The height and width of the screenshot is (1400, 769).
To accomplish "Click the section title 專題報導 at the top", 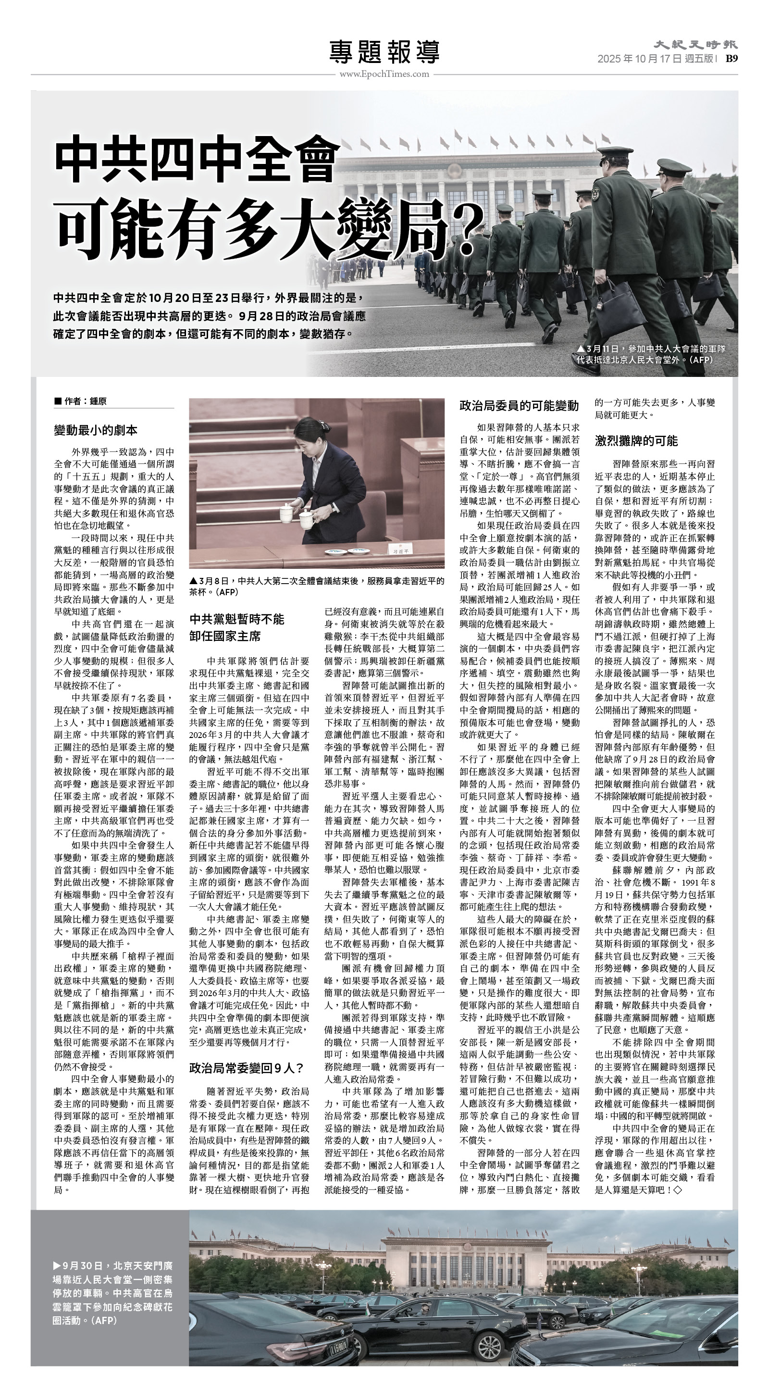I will [x=384, y=52].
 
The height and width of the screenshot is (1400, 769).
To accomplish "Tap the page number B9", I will [x=732, y=59].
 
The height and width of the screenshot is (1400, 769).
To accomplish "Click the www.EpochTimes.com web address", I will [x=384, y=75].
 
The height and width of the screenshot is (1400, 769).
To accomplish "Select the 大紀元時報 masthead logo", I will [x=695, y=45].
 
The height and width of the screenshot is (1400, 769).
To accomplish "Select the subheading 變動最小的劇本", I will [x=96, y=430].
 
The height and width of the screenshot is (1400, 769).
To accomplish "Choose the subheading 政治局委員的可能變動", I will [x=519, y=405].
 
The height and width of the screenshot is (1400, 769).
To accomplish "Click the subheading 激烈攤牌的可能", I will [x=636, y=440].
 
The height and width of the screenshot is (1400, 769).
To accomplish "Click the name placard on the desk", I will [x=400, y=550].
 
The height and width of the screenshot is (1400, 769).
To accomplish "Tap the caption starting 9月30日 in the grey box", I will [x=112, y=1297].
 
